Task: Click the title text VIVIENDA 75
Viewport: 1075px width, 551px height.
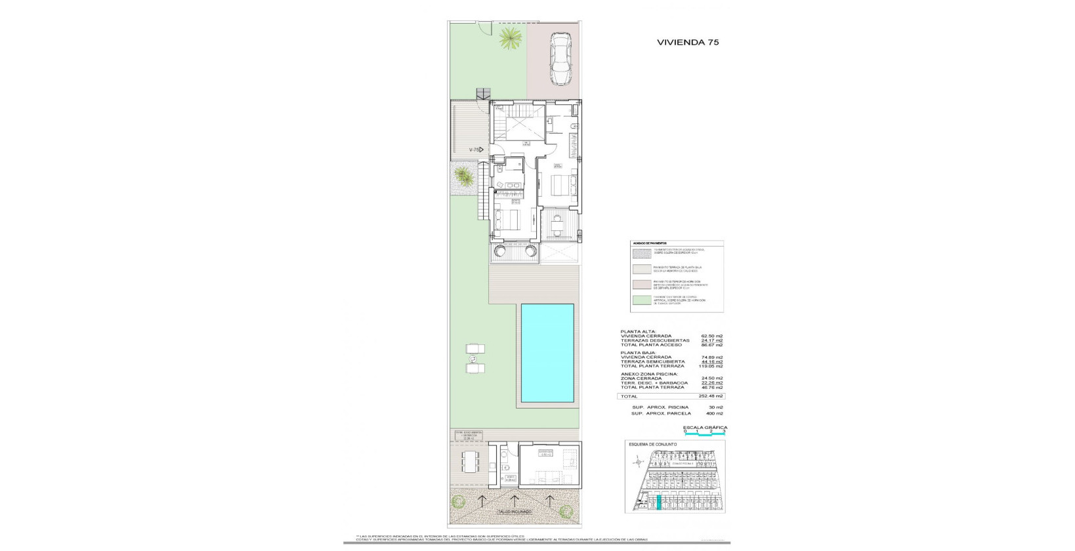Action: pos(688,42)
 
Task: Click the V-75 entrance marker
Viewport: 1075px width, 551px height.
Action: pos(476,150)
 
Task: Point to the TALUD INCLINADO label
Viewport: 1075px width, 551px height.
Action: pos(515,512)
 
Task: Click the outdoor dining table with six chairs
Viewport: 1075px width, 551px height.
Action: pos(470,461)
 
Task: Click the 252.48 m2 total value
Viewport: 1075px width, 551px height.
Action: pos(711,396)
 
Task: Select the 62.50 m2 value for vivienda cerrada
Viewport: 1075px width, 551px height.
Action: pos(712,336)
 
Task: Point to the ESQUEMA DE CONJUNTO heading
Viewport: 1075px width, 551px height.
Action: pos(652,444)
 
